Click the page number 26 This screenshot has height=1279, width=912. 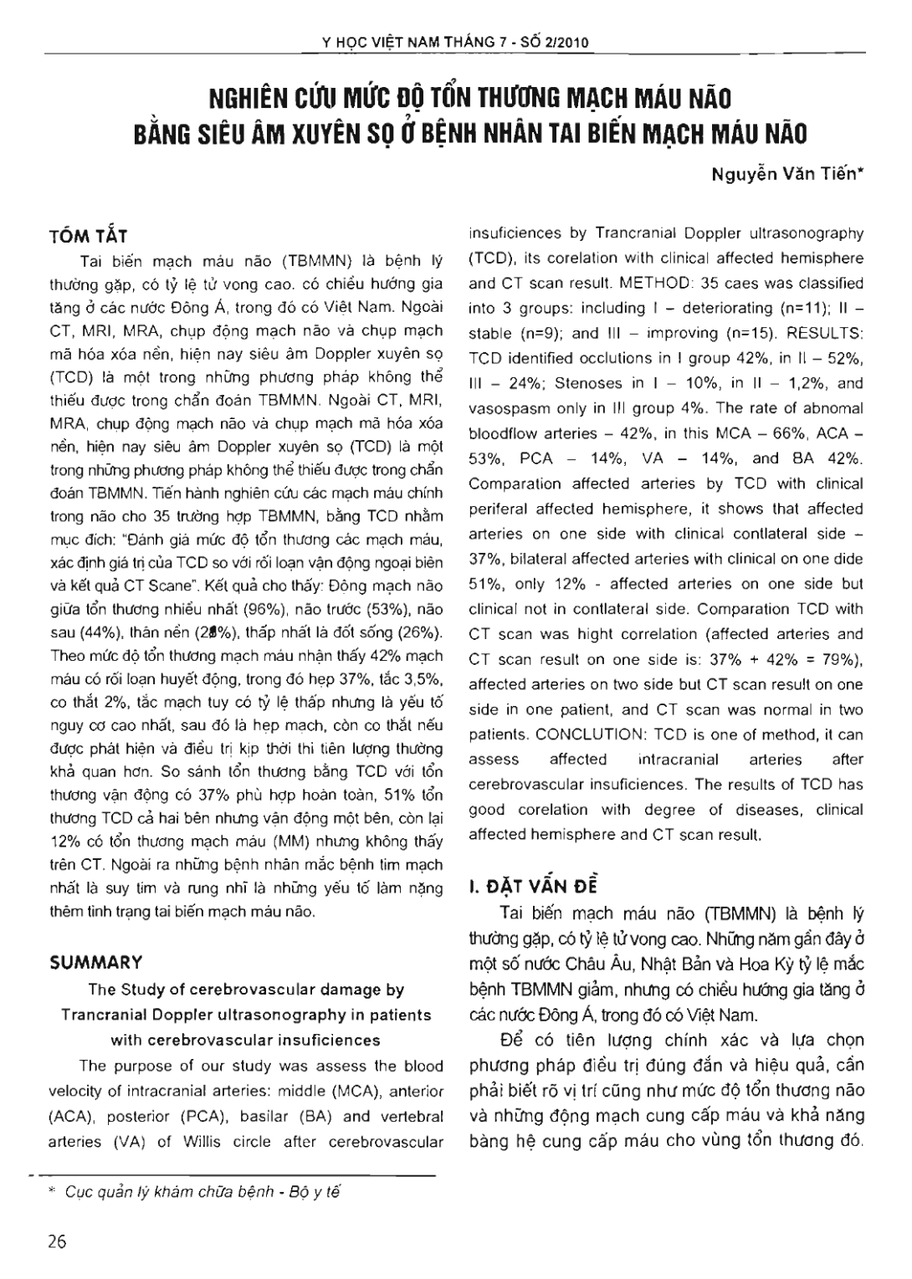coord(57,1241)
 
